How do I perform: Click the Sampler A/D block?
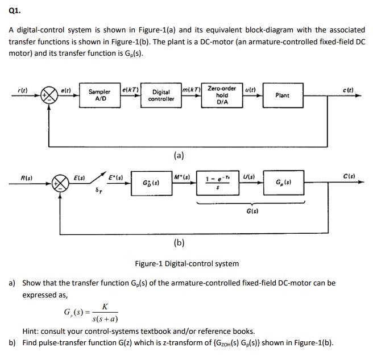coord(100,95)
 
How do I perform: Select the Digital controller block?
coord(161,95)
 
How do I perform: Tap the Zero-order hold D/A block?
coord(222,95)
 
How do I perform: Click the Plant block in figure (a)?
coord(282,95)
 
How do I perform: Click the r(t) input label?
coord(22,89)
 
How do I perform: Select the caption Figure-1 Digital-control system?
coord(186,263)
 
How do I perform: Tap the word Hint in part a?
coord(31,331)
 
